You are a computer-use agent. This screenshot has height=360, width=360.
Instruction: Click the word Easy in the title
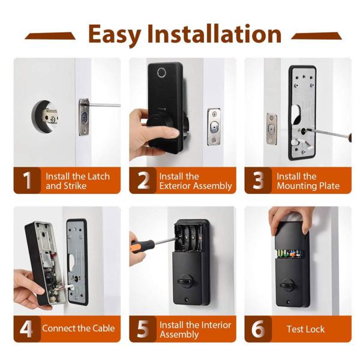pos(115,35)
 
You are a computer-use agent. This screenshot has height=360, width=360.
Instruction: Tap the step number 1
pos(28,181)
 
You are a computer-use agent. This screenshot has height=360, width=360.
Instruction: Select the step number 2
pos(143,181)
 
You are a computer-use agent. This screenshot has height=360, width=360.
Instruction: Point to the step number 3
pos(258,181)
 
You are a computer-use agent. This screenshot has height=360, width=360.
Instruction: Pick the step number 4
pos(26,329)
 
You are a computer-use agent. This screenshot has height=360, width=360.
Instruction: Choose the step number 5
pos(143,329)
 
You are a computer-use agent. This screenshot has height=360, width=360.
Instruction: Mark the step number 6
pos(258,329)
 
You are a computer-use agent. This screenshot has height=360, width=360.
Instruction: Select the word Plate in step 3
pos(329,186)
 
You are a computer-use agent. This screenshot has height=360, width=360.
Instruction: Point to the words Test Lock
pos(305,329)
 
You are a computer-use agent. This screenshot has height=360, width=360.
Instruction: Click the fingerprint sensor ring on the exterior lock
pos(161,73)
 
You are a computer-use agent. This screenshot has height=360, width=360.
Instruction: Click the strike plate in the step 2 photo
pos(214,127)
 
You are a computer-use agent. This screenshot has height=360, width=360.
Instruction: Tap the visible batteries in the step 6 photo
pos(289,254)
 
